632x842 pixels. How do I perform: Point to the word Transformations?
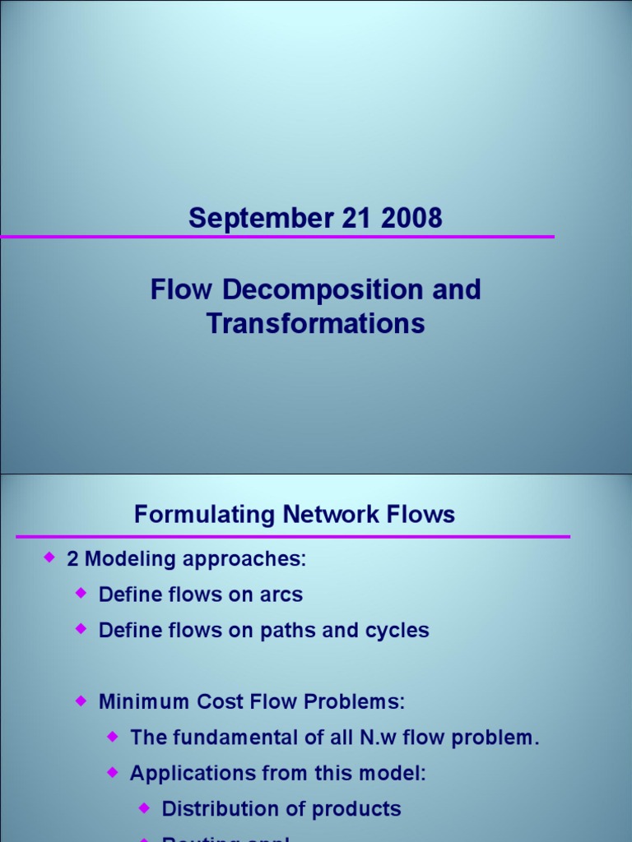click(x=316, y=324)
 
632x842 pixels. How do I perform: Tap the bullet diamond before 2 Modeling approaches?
click(x=48, y=558)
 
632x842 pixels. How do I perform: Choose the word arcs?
click(x=281, y=594)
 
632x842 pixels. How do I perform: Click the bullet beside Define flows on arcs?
click(x=80, y=593)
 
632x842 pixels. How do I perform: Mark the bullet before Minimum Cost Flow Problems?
click(x=80, y=701)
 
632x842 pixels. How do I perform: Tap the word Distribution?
click(x=214, y=809)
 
